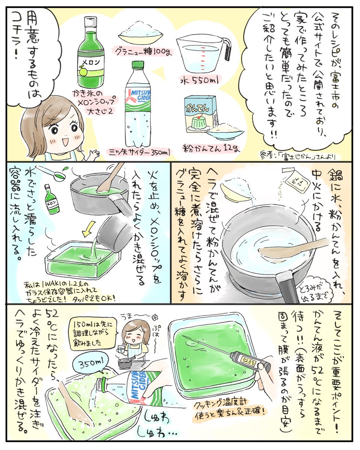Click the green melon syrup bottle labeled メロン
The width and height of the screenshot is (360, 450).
91,54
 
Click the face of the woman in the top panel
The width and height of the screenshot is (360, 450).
62,129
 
